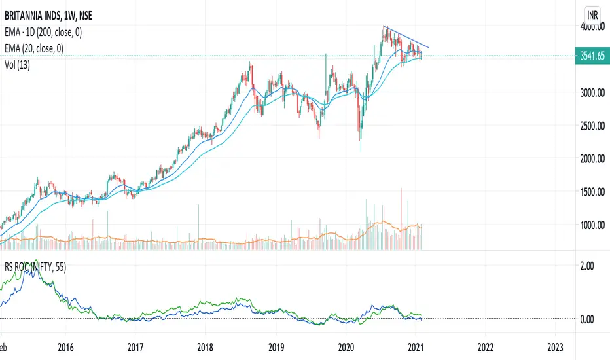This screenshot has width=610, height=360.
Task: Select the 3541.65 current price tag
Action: click(x=592, y=56)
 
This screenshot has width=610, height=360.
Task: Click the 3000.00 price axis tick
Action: click(x=592, y=93)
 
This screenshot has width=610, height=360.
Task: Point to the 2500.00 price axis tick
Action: click(x=592, y=126)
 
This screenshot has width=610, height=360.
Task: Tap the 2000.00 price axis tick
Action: click(x=592, y=158)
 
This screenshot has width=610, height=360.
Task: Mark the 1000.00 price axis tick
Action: click(x=592, y=225)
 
